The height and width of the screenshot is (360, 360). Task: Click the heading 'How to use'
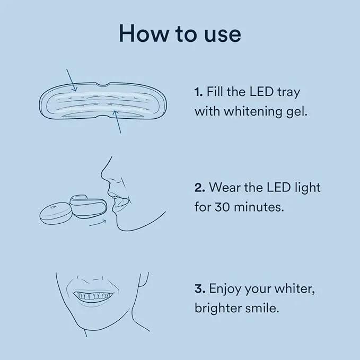click(180, 34)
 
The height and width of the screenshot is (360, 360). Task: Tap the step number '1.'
click(199, 92)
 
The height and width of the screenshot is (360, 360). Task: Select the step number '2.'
click(200, 188)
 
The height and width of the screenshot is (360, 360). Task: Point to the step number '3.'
click(200, 288)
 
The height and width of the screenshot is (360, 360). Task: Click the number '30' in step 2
click(222, 207)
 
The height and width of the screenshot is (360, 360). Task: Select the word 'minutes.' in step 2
click(259, 207)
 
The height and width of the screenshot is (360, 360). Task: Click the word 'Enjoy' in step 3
click(225, 289)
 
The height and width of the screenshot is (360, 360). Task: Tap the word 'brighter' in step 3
click(218, 309)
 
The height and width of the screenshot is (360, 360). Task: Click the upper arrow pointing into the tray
click(72, 80)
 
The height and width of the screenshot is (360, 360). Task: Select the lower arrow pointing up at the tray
click(117, 122)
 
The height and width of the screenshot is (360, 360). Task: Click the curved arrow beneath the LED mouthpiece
click(98, 223)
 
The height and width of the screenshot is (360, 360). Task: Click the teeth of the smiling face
click(93, 296)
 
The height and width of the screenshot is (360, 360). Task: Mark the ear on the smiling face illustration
click(144, 279)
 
